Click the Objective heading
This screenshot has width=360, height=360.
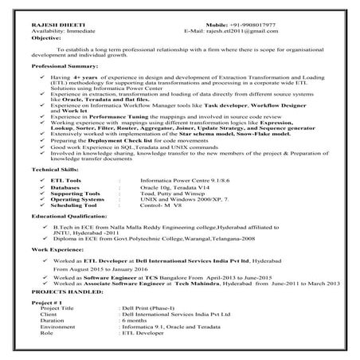pyautogui.click(x=48, y=38)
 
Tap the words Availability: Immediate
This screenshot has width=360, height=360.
pyautogui.click(x=63, y=31)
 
